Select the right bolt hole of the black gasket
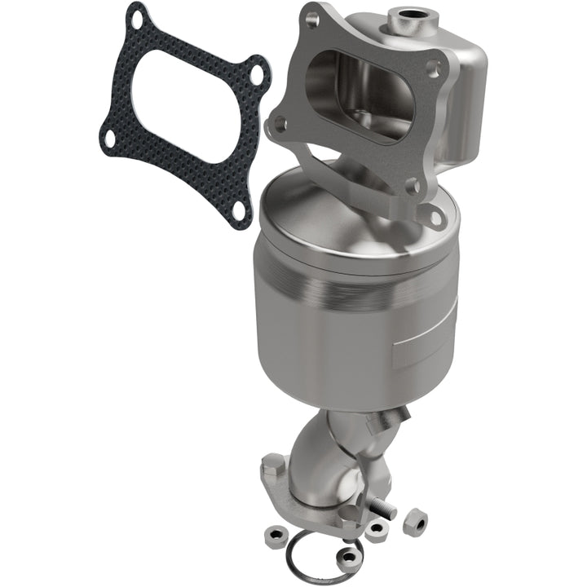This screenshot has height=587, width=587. (x=258, y=76)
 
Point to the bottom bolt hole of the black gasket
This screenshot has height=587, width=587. (x=237, y=210)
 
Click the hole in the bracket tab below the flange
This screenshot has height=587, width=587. (x=435, y=217)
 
